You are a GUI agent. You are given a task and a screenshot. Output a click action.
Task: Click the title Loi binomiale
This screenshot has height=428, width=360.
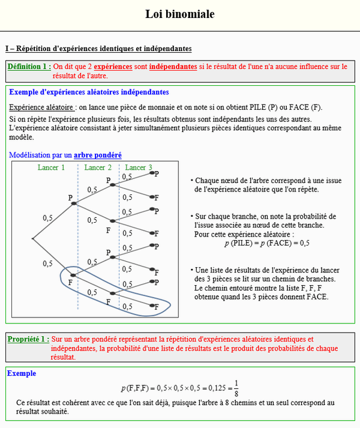pos(179,14)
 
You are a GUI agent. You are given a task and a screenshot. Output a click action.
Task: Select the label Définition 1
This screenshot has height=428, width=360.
pos(29,67)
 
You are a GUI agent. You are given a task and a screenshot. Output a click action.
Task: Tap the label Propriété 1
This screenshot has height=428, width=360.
pos(29,340)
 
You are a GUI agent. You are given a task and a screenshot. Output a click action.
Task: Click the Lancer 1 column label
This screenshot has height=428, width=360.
pos(51,167)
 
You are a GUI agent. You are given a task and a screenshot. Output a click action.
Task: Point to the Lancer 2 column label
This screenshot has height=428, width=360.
pos(98,167)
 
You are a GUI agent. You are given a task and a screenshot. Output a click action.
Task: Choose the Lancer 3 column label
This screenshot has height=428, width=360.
pos(139,167)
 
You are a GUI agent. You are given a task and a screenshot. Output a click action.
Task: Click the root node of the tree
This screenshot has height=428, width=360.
pos(33,239)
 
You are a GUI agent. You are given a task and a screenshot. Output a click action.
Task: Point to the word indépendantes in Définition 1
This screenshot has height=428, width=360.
pos(173,67)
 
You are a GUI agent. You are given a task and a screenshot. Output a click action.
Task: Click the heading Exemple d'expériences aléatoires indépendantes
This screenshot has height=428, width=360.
pos(89,92)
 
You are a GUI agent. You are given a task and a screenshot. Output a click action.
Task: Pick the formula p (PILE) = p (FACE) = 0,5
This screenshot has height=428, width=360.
pos(266,243)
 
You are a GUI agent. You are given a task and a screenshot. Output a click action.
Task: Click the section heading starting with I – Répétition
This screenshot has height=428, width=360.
pos(98,48)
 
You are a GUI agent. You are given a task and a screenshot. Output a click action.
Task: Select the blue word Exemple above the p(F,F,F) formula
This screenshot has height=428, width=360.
pos(22,373)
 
